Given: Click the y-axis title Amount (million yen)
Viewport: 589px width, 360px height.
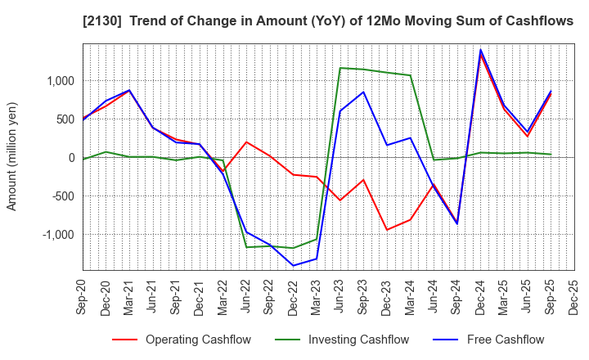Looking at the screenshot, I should pyautogui.click(x=12, y=156).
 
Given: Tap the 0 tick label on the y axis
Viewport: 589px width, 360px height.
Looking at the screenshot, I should pyautogui.click(x=71, y=158).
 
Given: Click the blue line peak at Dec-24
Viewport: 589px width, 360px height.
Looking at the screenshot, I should pyautogui.click(x=480, y=50).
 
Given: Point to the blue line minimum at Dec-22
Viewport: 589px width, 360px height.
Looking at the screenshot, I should pyautogui.click(x=293, y=266).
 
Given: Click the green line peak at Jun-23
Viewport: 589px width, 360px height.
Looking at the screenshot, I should pyautogui.click(x=340, y=68).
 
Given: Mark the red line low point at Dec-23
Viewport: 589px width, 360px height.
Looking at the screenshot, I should pyautogui.click(x=387, y=230).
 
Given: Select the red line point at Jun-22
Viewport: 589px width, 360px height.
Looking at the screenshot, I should pyautogui.click(x=246, y=142).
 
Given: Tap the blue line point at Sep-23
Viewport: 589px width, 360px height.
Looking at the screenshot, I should pyautogui.click(x=363, y=92).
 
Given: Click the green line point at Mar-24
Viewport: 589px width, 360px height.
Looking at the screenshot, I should pyautogui.click(x=410, y=75).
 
